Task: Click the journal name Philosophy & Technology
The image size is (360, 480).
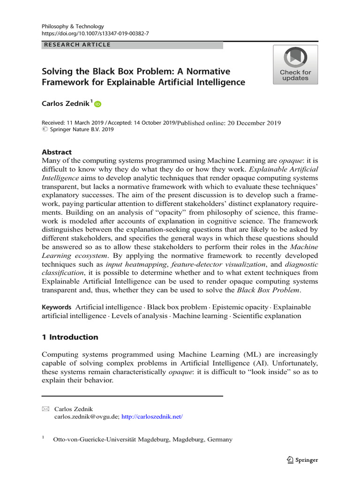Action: point(73,27)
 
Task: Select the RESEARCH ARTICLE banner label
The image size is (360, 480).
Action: point(77,45)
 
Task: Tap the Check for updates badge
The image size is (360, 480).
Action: point(295,65)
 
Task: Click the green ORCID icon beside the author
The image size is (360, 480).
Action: point(97,105)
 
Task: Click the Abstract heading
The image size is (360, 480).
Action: point(57,152)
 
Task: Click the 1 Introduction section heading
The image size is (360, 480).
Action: point(70,337)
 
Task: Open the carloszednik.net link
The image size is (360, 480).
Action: point(152,416)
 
